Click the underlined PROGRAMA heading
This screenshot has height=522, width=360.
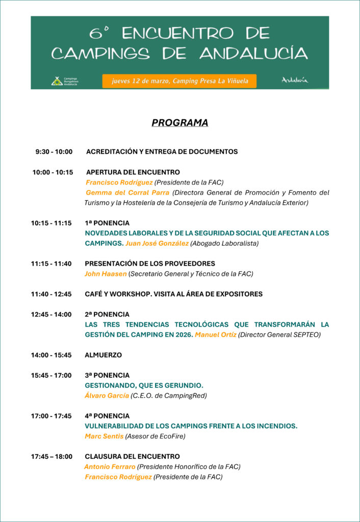[179, 123]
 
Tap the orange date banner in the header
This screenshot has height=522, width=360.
[179, 81]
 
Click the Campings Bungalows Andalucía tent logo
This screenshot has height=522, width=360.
[57, 81]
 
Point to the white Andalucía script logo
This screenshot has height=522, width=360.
[295, 80]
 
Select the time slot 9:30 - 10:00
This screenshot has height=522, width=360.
[54, 151]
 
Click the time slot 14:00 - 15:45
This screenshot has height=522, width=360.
[51, 355]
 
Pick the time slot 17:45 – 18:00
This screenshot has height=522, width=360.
[52, 456]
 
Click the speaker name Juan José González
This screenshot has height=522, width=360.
[157, 243]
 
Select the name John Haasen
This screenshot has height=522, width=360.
[106, 274]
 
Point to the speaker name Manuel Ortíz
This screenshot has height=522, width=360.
[215, 334]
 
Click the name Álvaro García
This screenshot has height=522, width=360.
[107, 396]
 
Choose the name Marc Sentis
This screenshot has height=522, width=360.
[104, 436]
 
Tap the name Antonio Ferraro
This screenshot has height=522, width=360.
[110, 466]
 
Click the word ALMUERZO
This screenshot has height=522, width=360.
[103, 355]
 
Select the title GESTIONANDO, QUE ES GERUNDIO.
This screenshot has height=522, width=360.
[144, 385]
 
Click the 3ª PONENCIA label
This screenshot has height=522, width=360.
[107, 375]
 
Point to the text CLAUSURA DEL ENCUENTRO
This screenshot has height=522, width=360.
[132, 456]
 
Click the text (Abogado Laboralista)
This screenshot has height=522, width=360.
[224, 243]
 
